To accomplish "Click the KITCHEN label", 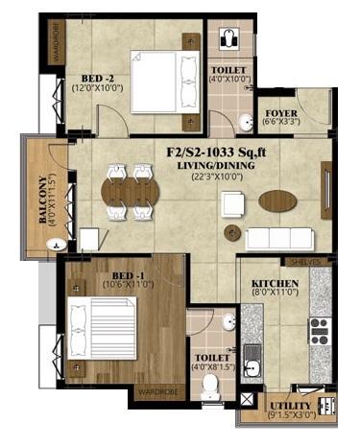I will [x=276, y=284].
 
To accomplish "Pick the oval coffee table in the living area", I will [x=278, y=200].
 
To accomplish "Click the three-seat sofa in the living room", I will [x=281, y=238].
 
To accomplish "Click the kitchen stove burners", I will [x=318, y=331].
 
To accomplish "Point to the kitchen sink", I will [x=251, y=364].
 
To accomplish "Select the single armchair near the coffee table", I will [x=231, y=203].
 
